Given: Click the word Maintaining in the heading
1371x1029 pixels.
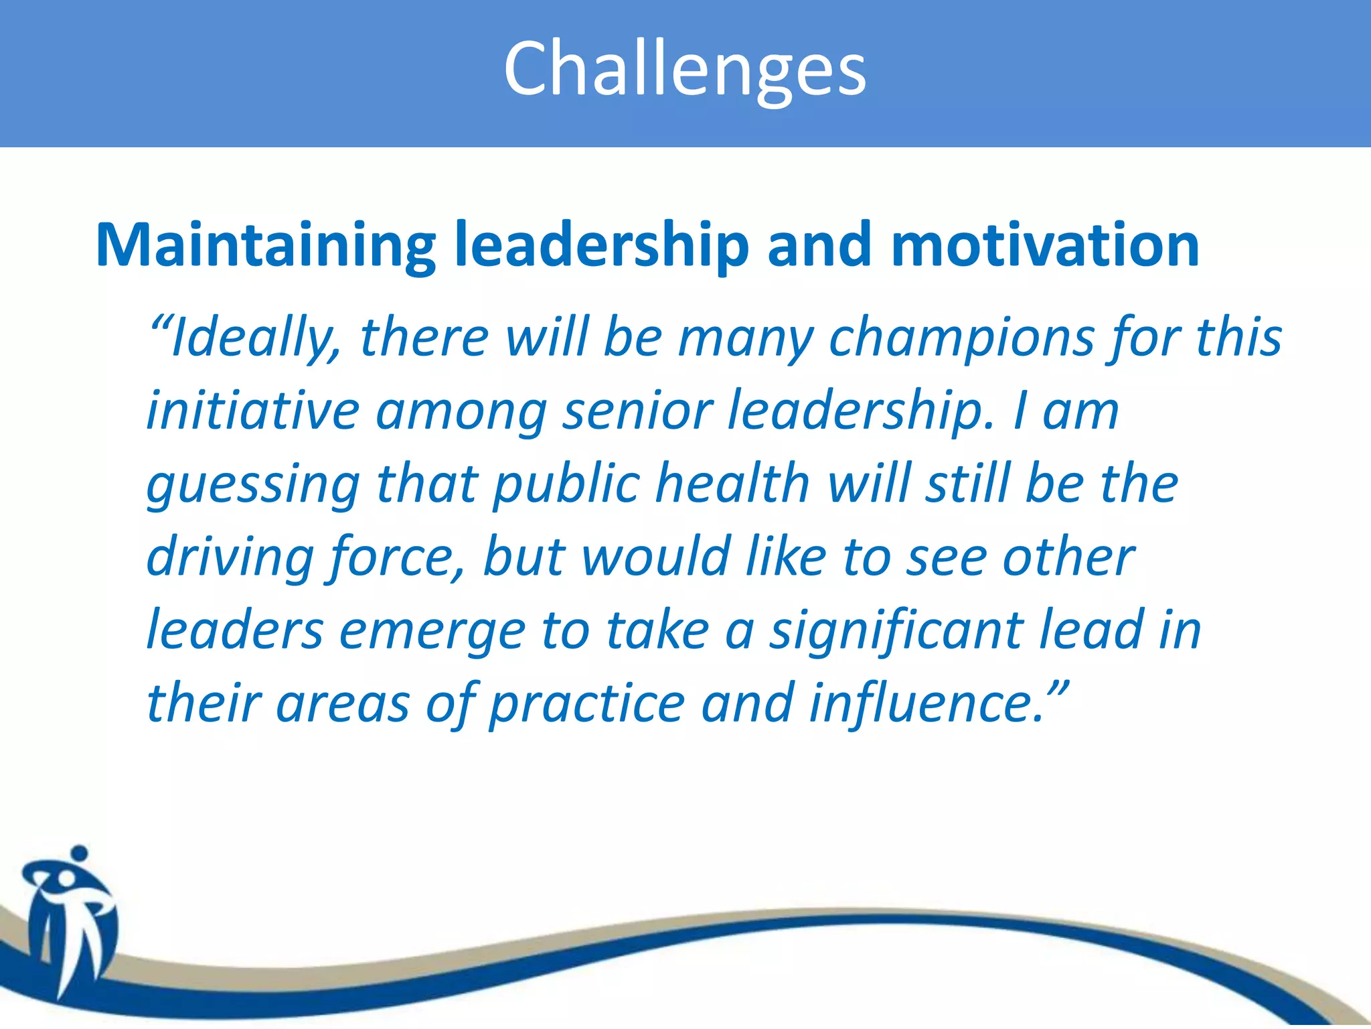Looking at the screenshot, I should tap(266, 246).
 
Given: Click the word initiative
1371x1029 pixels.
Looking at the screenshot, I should tap(253, 410).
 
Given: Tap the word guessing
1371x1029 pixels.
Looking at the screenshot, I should tap(253, 484).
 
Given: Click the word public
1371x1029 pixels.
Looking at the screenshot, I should tap(566, 484).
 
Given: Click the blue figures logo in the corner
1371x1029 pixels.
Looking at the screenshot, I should tap(70, 918).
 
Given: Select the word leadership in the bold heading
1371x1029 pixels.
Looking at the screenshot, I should tap(601, 246).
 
